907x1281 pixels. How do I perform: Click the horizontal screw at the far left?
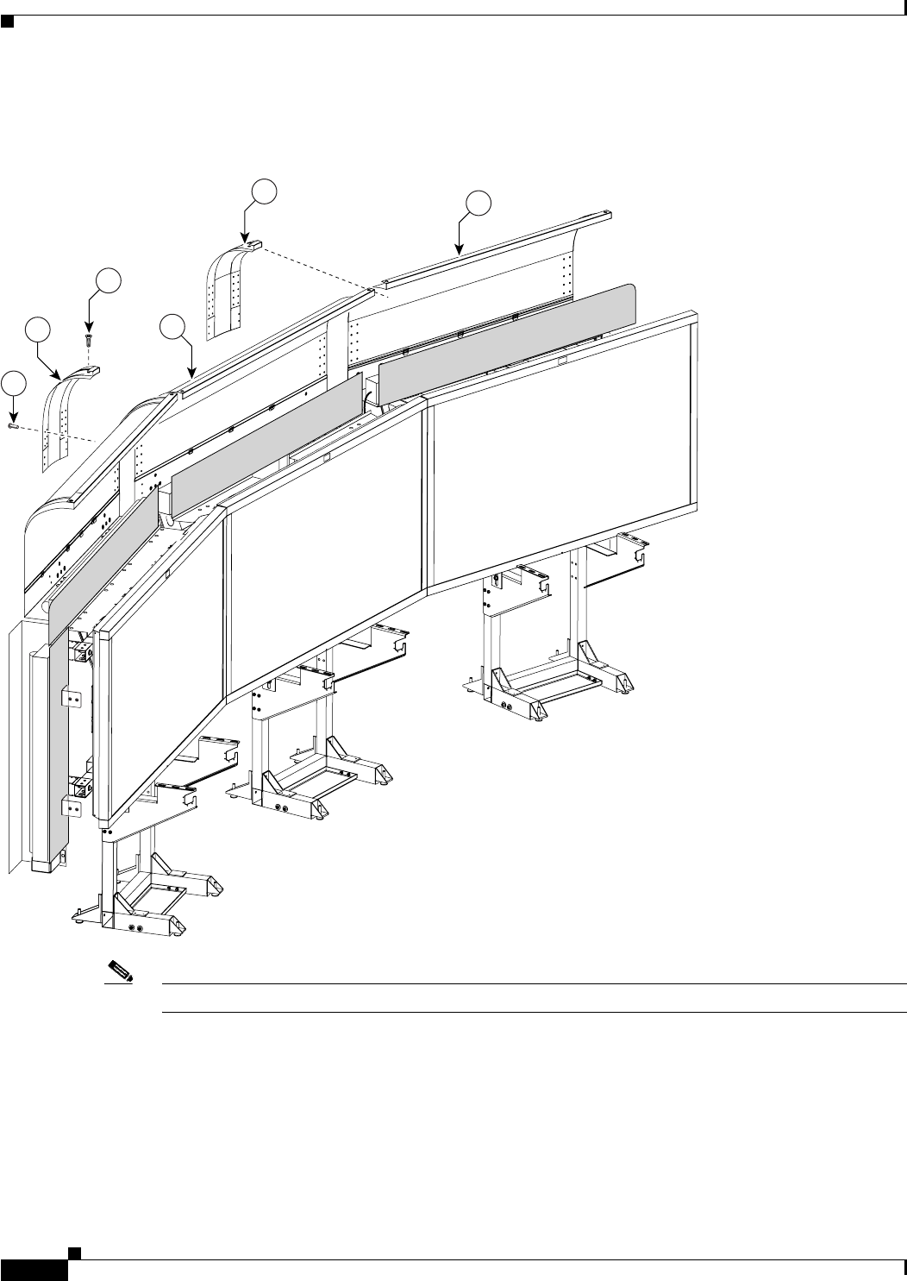pyautogui.click(x=13, y=424)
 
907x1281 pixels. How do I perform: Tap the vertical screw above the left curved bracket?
pyautogui.click(x=88, y=339)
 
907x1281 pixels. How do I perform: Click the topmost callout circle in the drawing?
pyautogui.click(x=264, y=191)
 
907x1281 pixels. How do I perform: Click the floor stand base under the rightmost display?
pyautogui.click(x=543, y=681)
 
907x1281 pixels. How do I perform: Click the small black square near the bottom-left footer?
pyautogui.click(x=75, y=1251)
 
